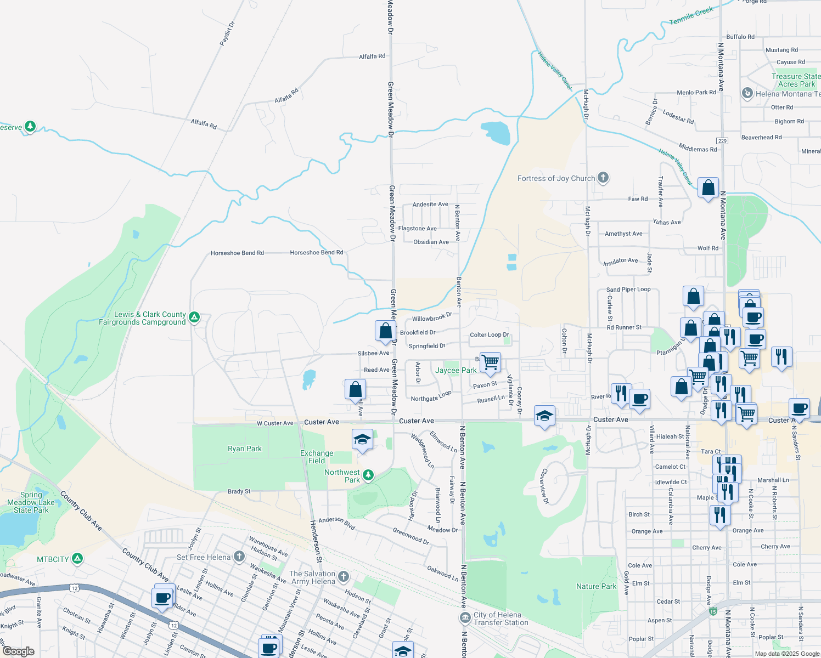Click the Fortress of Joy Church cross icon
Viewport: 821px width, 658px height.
(603, 178)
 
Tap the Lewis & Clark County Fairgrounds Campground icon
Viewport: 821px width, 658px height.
(194, 317)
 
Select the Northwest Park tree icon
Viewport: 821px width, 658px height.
(368, 475)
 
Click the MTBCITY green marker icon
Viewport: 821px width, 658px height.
(77, 559)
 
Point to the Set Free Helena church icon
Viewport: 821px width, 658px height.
(239, 557)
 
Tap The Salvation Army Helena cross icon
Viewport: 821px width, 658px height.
(343, 576)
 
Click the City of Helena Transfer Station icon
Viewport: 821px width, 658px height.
(465, 618)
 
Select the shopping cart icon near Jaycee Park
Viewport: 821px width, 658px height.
(490, 362)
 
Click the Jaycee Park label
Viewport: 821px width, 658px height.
(456, 370)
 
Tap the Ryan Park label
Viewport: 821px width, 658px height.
(245, 449)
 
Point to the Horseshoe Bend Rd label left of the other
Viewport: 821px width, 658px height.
(237, 253)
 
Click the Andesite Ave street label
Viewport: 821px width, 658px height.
(430, 204)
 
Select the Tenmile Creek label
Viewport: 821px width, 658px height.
(691, 15)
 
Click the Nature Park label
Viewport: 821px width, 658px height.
(596, 586)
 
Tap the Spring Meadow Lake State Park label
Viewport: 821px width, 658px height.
(31, 502)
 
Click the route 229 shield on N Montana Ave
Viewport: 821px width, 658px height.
(722, 141)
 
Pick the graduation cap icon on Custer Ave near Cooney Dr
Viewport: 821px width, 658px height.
(544, 416)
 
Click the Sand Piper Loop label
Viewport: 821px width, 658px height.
(628, 290)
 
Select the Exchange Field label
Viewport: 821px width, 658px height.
(317, 457)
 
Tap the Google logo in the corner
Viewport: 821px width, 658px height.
(18, 651)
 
